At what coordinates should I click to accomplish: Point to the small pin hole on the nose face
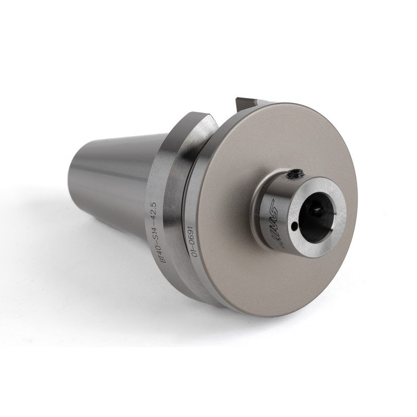[x=295, y=226]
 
